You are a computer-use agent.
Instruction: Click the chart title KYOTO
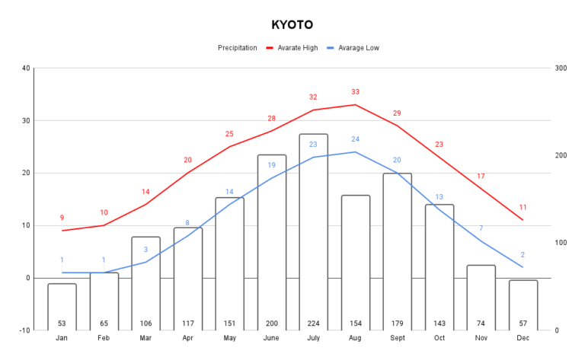(x=292, y=24)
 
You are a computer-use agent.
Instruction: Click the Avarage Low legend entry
(x=359, y=48)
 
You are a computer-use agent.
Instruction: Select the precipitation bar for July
(x=313, y=228)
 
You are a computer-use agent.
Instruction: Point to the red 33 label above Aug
(x=355, y=92)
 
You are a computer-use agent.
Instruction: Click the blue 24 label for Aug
(x=355, y=139)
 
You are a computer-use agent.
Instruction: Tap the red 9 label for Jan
(x=62, y=218)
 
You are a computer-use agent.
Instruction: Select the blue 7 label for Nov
(x=481, y=228)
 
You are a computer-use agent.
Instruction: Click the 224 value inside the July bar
(x=313, y=323)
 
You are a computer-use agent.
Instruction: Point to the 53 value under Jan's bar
(x=62, y=323)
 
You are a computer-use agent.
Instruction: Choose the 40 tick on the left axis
(x=26, y=68)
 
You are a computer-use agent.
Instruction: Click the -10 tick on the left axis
(x=25, y=330)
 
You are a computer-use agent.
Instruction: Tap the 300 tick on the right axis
(x=561, y=68)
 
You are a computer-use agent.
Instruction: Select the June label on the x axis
(x=271, y=337)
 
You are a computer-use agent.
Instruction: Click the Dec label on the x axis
(x=523, y=337)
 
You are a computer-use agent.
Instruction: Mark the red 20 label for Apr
(x=187, y=160)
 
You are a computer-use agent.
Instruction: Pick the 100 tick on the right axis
(x=561, y=243)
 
